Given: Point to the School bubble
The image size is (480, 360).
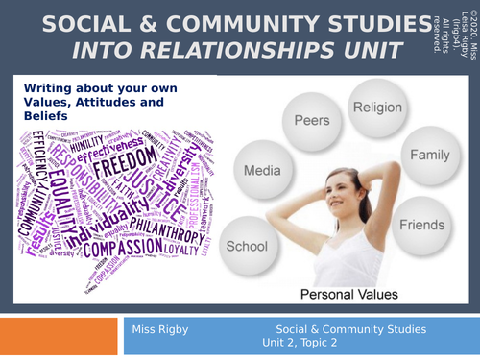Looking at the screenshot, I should coord(246,246).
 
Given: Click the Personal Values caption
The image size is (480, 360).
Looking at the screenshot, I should coord(343,292).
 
